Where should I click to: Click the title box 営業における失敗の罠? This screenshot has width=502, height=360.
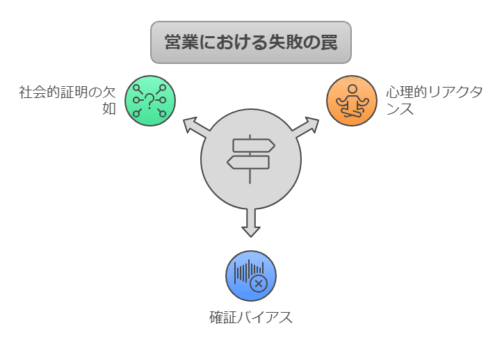[251, 42]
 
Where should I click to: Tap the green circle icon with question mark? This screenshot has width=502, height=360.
[150, 101]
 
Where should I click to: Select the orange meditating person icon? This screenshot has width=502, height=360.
[352, 101]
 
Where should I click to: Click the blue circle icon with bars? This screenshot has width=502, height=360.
[251, 276]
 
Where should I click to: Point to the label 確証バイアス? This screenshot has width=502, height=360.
[251, 318]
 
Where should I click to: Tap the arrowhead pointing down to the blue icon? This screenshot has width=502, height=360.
[251, 229]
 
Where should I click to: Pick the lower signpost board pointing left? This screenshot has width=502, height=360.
[248, 163]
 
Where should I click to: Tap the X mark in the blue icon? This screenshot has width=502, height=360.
[259, 283]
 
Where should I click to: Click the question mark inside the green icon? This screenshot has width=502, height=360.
[150, 100]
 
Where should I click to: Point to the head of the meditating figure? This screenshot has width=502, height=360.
[352, 90]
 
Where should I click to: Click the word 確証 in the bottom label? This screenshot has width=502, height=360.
[223, 318]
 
